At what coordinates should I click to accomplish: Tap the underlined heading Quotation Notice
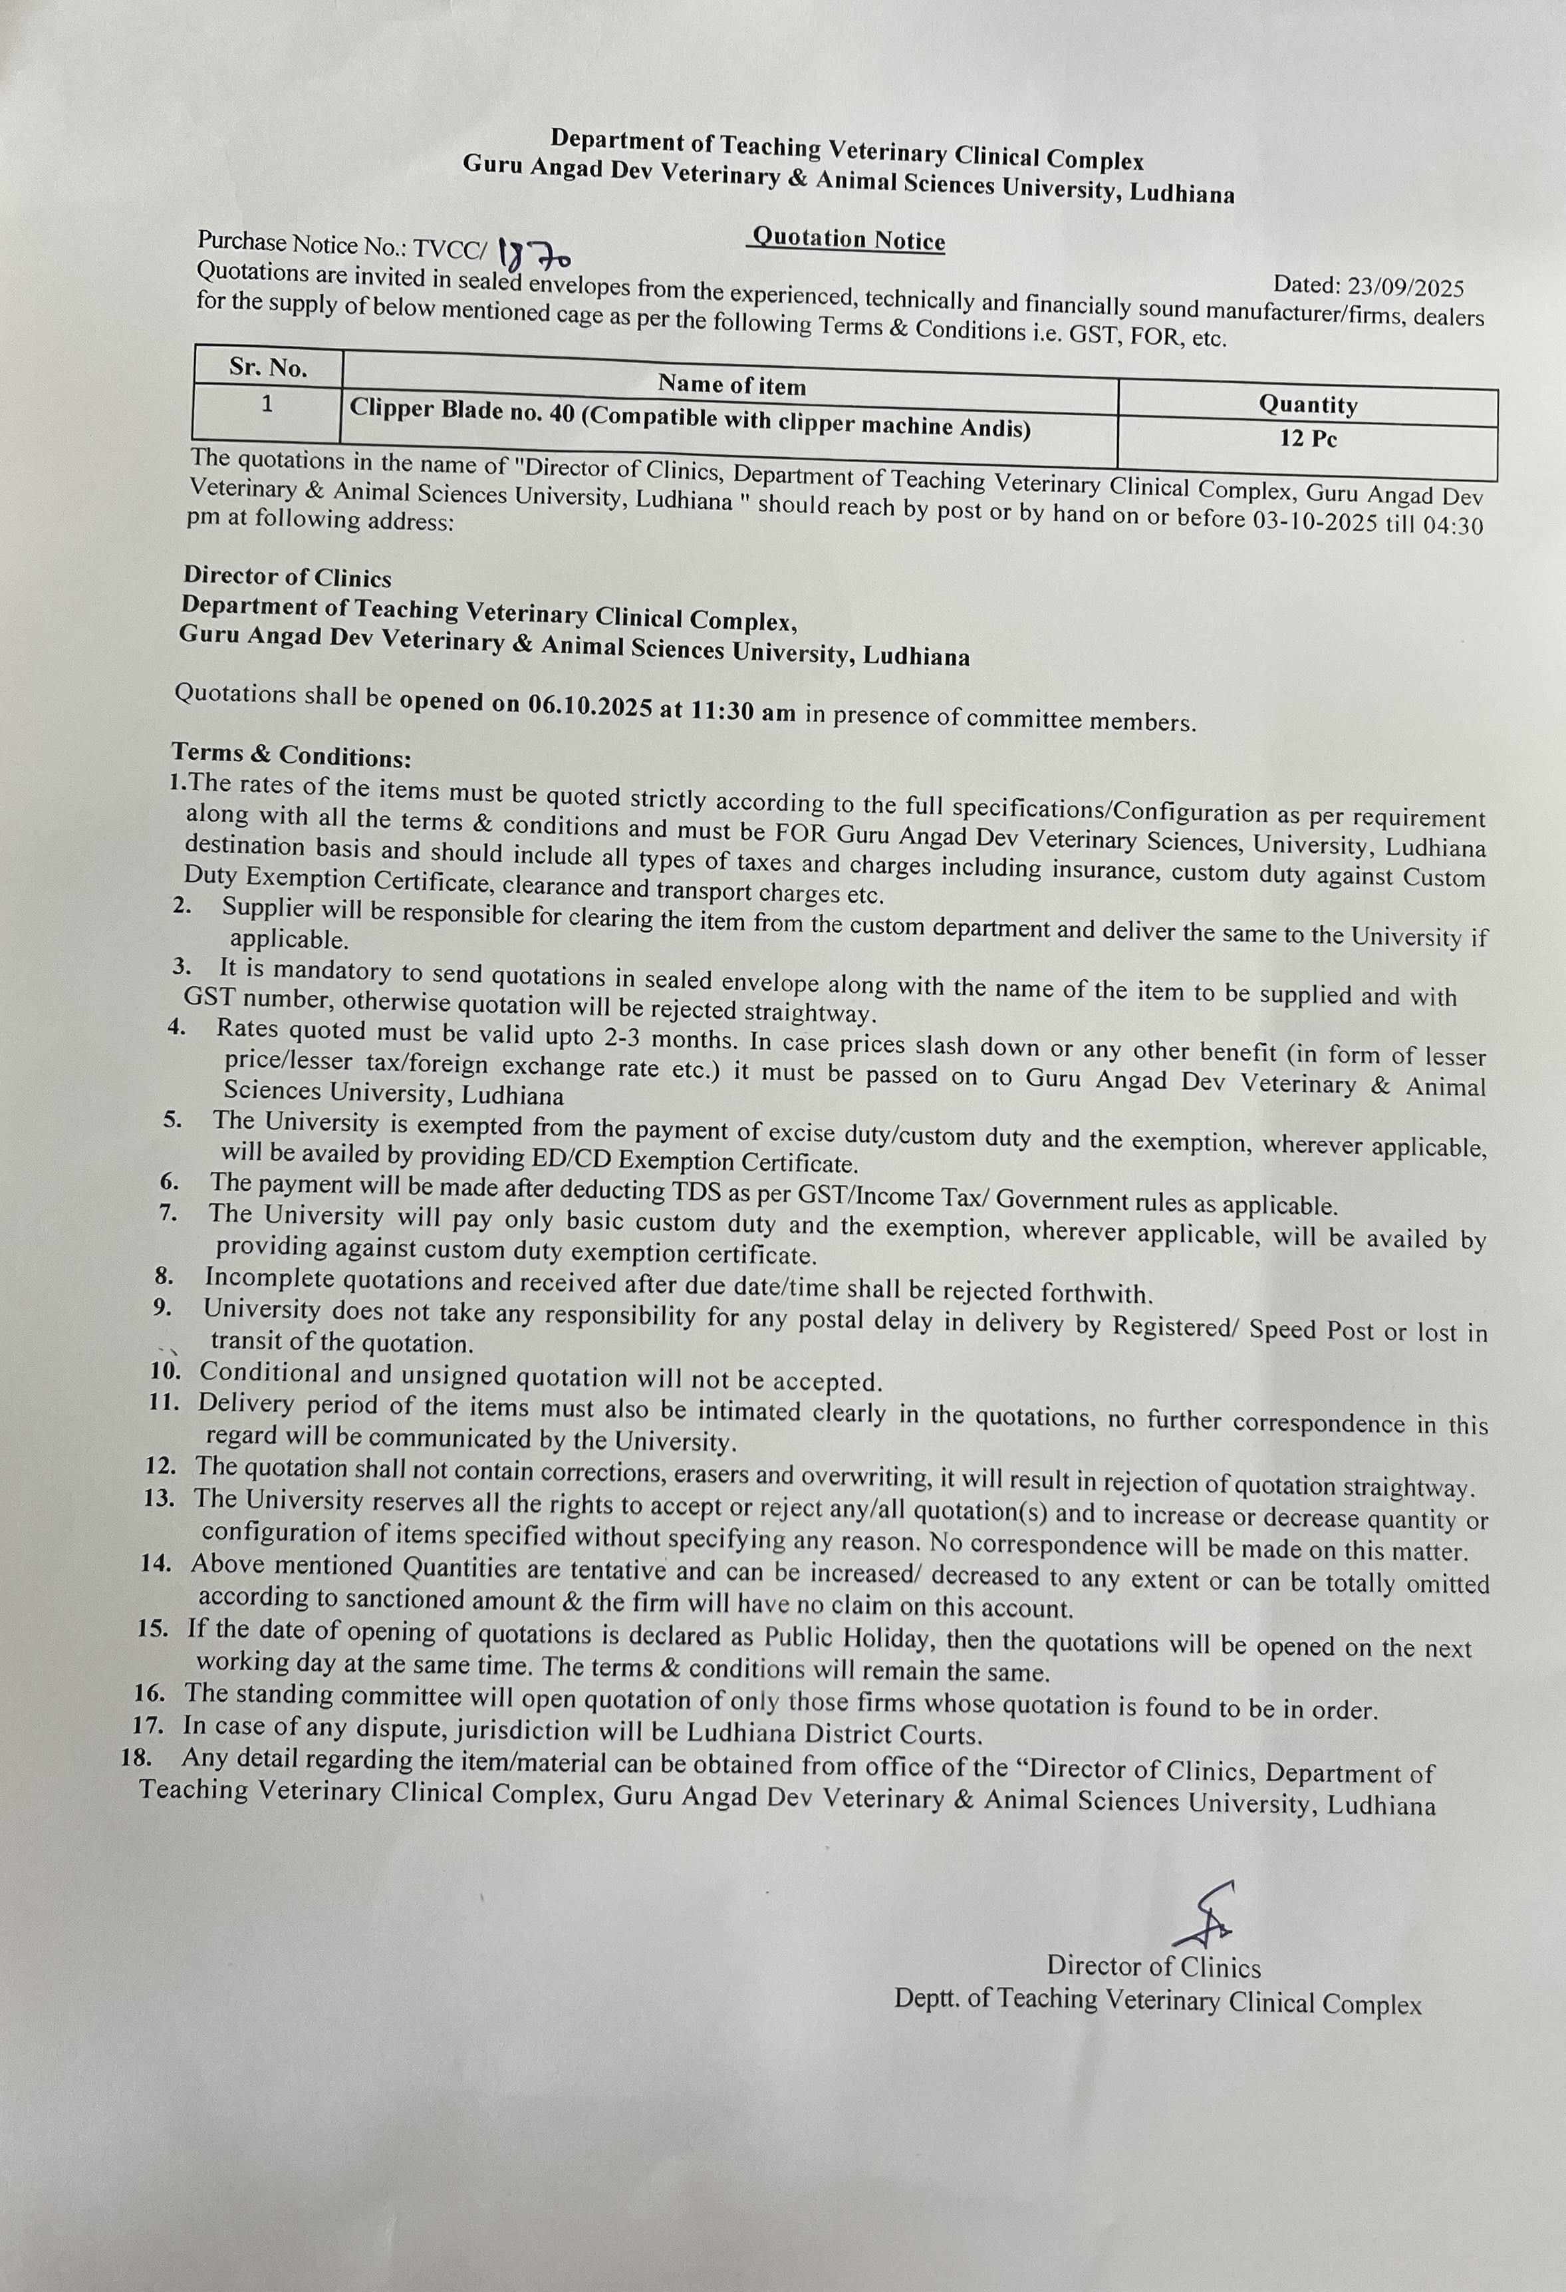pyautogui.click(x=848, y=239)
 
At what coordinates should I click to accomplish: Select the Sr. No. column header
pyautogui.click(x=268, y=368)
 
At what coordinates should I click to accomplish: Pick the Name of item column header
pyautogui.click(x=731, y=384)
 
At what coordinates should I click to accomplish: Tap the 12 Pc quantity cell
pyautogui.click(x=1307, y=439)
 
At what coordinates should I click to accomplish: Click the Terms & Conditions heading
pyautogui.click(x=291, y=756)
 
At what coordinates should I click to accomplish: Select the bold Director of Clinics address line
pyautogui.click(x=287, y=577)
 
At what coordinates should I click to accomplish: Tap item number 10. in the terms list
pyautogui.click(x=165, y=1371)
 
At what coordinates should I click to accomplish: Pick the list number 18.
pyautogui.click(x=137, y=1757)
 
